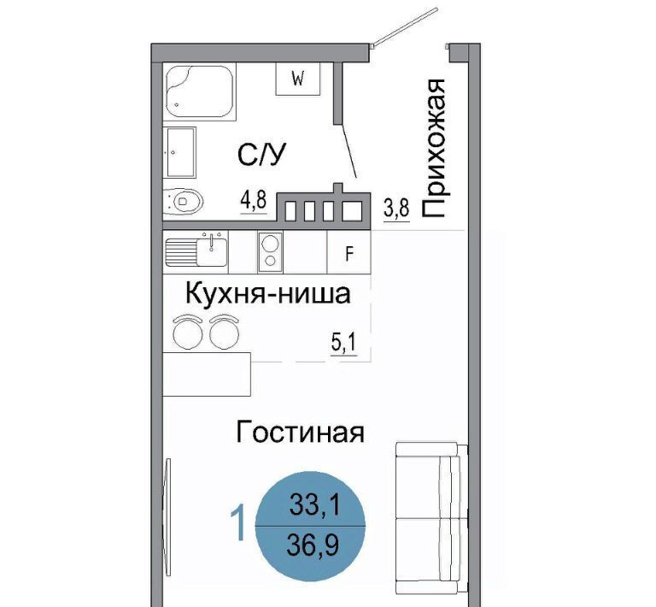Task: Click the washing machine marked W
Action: click(x=297, y=79)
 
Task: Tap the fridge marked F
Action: click(x=348, y=253)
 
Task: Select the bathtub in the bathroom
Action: click(x=200, y=92)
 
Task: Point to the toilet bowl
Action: click(x=184, y=201)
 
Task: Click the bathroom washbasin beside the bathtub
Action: click(x=181, y=152)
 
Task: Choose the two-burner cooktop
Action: click(x=270, y=252)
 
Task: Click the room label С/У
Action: click(x=262, y=154)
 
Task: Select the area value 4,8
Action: click(x=253, y=200)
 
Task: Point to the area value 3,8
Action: click(x=396, y=208)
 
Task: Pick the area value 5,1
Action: click(x=344, y=344)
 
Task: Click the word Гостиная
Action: click(x=300, y=432)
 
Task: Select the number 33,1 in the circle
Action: click(x=315, y=505)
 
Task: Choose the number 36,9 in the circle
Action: click(x=313, y=545)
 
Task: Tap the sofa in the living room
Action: click(x=431, y=518)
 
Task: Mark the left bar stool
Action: click(x=188, y=332)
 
